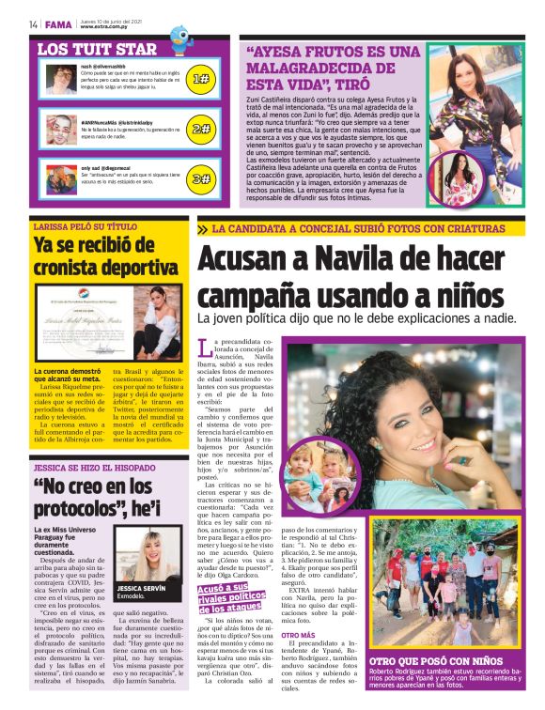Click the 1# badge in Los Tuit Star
coord(200,80)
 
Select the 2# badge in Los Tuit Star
coord(200,129)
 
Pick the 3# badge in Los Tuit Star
coord(200,177)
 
